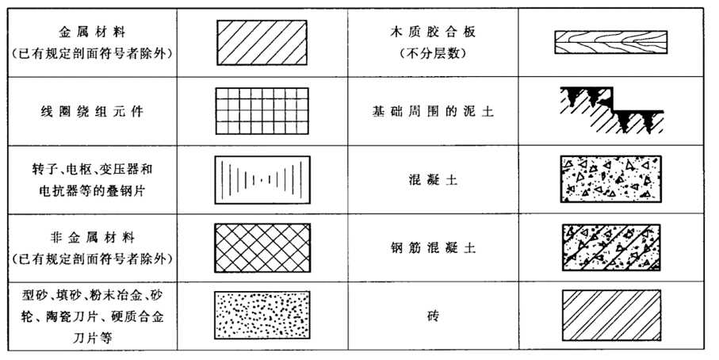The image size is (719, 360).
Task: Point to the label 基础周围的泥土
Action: [433, 111]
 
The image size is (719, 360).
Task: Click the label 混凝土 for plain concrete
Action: [433, 179]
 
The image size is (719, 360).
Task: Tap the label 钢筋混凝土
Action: [433, 247]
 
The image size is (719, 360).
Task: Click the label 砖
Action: [433, 316]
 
